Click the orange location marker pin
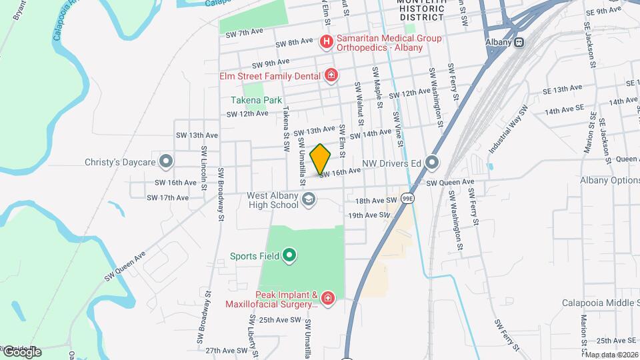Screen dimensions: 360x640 321,159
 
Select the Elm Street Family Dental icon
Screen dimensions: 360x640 331,76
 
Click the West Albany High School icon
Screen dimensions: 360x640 309,199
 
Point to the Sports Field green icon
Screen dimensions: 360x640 289,255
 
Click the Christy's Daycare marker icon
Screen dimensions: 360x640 167,161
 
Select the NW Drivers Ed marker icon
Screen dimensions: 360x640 433,162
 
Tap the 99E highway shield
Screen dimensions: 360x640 407,198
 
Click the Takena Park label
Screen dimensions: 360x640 257,100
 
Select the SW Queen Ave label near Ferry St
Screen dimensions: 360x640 450,182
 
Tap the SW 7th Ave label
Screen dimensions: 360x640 241,32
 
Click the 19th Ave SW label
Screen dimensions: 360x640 368,215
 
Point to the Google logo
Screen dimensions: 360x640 21,352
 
